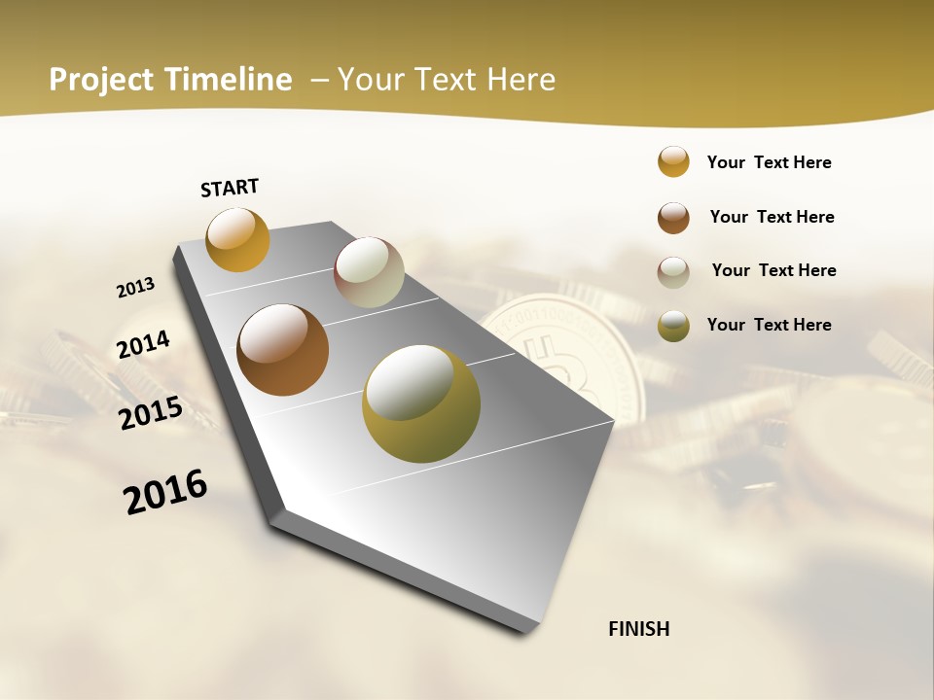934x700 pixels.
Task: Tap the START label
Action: click(x=230, y=188)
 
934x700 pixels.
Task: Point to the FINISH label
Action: click(x=639, y=629)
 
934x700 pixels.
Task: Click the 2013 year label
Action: click(x=135, y=288)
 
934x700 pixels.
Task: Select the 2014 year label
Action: click(x=143, y=345)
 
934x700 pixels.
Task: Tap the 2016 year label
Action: click(x=165, y=492)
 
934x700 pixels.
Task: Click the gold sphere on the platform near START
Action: click(x=237, y=239)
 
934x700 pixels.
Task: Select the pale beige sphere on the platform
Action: click(x=369, y=272)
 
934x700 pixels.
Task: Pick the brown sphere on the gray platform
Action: click(x=282, y=350)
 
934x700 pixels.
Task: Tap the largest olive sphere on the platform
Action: click(x=421, y=403)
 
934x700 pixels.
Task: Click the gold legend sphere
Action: click(x=673, y=162)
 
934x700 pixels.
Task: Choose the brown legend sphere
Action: click(x=673, y=218)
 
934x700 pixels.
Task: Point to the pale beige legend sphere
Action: click(x=673, y=272)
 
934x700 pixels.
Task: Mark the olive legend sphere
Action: click(x=673, y=326)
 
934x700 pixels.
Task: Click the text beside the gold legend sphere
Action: click(x=769, y=162)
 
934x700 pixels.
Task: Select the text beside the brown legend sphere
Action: click(x=772, y=217)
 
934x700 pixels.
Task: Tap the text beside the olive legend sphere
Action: click(x=769, y=325)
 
